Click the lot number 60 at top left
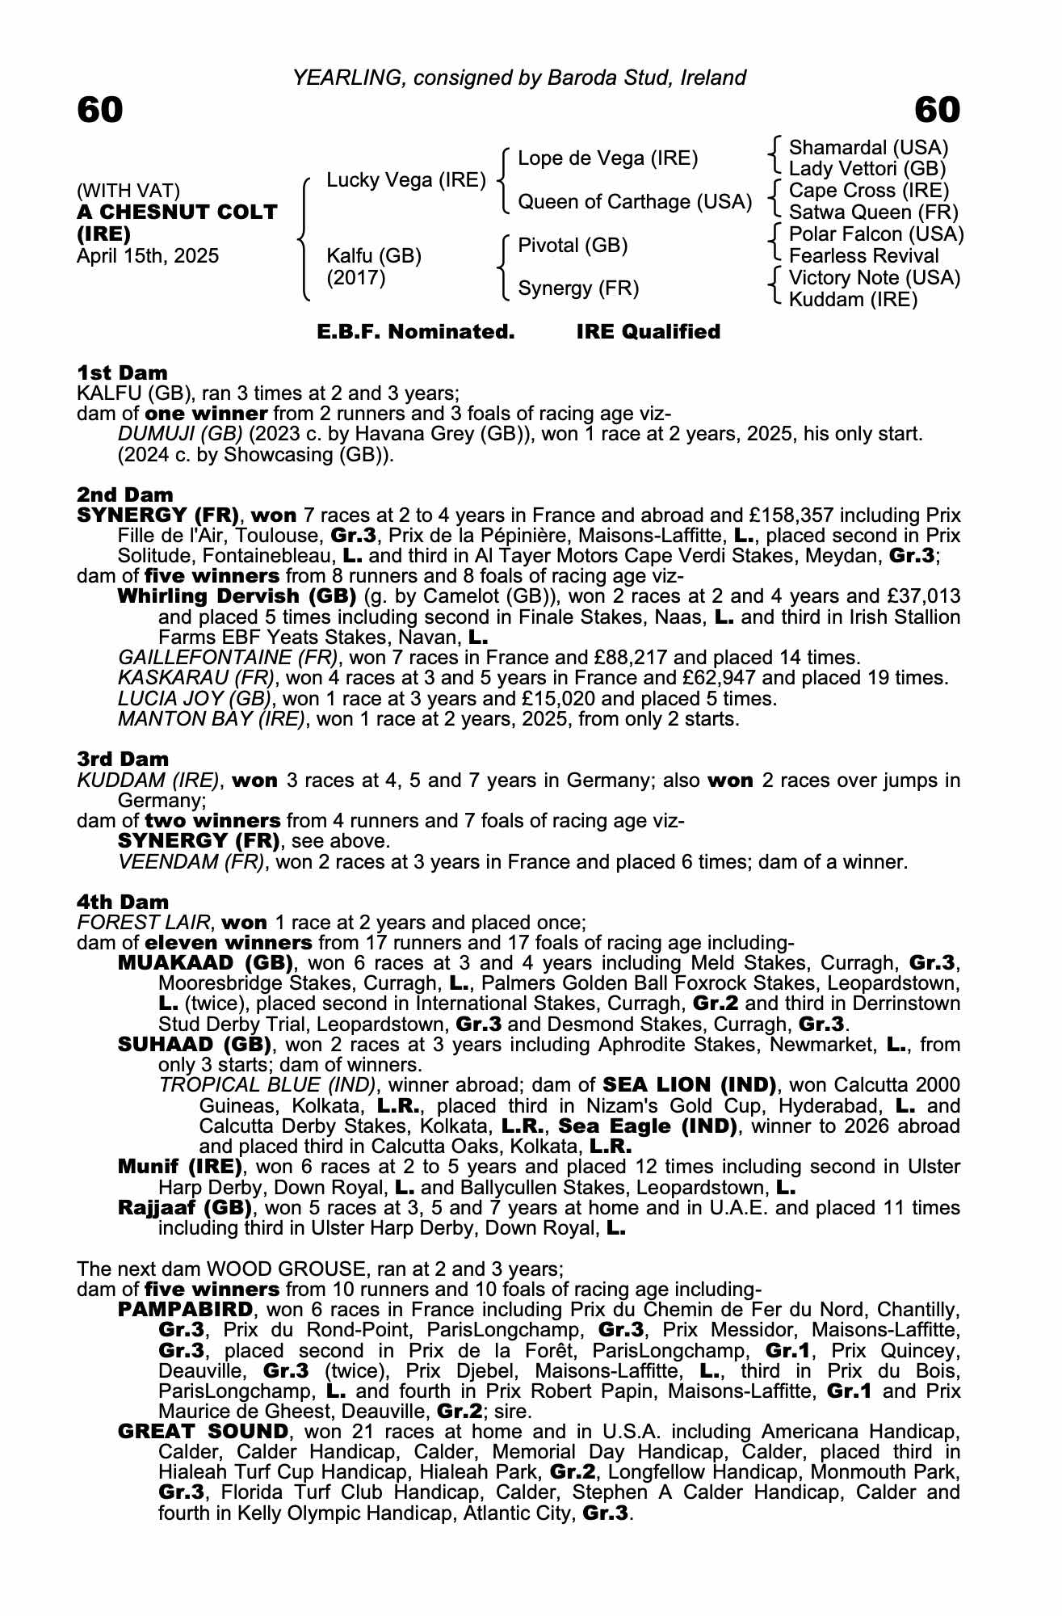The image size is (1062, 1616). coord(100,110)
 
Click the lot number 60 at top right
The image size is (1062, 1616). coord(937,110)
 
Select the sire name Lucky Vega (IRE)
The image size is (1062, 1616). coord(405,180)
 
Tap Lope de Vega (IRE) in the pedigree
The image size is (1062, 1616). coord(607,158)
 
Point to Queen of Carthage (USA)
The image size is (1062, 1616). coord(634,202)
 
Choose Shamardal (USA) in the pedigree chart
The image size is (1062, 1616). coord(868,148)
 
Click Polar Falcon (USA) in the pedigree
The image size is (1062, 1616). coord(876,234)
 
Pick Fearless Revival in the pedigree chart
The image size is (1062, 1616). coord(863,256)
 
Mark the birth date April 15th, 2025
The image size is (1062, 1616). coord(148,256)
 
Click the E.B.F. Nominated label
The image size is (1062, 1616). coord(416,332)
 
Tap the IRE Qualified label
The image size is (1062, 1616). coord(648,332)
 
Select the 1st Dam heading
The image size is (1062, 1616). coord(123,372)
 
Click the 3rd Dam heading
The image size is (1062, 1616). coord(123,759)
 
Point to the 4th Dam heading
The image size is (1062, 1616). coord(123,902)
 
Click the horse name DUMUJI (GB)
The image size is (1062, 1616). coord(180,434)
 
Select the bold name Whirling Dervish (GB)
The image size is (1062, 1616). coord(237,596)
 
